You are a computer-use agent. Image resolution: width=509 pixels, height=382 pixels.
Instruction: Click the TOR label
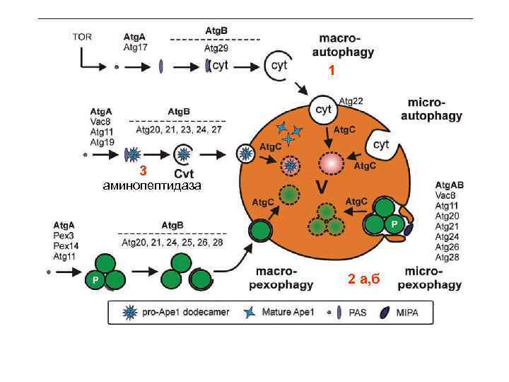point(82,37)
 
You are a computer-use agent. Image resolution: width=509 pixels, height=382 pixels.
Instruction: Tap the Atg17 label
point(135,47)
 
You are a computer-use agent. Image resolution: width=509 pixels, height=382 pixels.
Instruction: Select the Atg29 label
point(216,48)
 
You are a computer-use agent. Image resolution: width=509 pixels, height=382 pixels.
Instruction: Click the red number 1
point(332,70)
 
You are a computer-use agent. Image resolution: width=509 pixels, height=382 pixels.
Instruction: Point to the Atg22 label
point(351,101)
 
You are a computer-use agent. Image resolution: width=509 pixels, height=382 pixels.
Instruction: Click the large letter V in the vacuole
point(322,187)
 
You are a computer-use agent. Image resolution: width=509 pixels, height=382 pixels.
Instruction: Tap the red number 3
point(143,170)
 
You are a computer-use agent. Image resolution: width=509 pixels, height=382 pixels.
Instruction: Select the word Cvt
point(184,174)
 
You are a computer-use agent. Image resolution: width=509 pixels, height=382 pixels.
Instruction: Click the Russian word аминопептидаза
point(151,185)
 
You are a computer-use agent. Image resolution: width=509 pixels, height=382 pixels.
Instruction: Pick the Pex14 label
point(66,246)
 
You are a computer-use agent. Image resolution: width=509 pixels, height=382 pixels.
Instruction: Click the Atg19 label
point(103,142)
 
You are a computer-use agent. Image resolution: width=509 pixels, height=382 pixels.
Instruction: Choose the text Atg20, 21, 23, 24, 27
point(179,129)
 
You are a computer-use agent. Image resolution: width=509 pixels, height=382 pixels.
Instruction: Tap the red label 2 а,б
point(363,279)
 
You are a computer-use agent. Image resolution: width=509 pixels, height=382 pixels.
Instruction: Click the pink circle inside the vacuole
point(332,163)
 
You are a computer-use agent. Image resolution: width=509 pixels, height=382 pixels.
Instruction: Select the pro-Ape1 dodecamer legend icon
point(130,313)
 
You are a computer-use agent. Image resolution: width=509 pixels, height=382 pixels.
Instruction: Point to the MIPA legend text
point(407,313)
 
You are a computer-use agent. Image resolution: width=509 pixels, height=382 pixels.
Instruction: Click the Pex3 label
point(63,236)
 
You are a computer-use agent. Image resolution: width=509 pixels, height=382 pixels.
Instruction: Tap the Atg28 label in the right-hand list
point(447,257)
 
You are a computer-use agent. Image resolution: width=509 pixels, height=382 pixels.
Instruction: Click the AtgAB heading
point(450,185)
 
